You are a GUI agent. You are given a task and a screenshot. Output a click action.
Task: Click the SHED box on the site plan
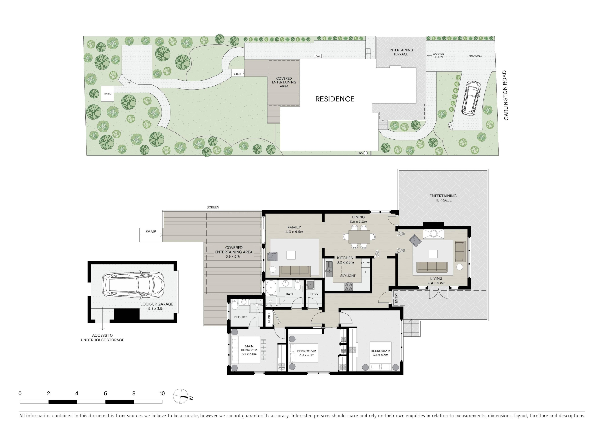[108, 93]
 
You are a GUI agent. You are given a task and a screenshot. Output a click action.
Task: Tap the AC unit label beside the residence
[318, 56]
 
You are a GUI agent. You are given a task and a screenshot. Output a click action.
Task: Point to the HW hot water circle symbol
[366, 153]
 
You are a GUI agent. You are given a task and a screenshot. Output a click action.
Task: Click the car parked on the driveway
[471, 98]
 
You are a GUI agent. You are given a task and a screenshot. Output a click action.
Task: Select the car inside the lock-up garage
[133, 285]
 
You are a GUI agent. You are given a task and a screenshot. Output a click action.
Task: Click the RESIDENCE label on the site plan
[335, 99]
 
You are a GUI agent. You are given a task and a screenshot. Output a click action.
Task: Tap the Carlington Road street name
[506, 95]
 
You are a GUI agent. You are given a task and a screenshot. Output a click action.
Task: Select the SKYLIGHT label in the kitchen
[348, 276]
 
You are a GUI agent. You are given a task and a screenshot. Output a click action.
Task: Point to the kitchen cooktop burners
[348, 286]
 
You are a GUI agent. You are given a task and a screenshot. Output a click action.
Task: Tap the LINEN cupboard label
[269, 318]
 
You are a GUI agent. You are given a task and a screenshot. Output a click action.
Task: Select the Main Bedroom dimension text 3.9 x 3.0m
[249, 354]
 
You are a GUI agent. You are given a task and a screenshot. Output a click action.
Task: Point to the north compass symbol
[181, 396]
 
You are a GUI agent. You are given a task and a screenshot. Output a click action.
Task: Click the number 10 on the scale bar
[162, 393]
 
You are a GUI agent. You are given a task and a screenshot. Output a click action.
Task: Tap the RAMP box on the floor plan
[151, 235]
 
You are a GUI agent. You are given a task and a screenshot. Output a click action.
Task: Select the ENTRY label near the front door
[396, 298]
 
